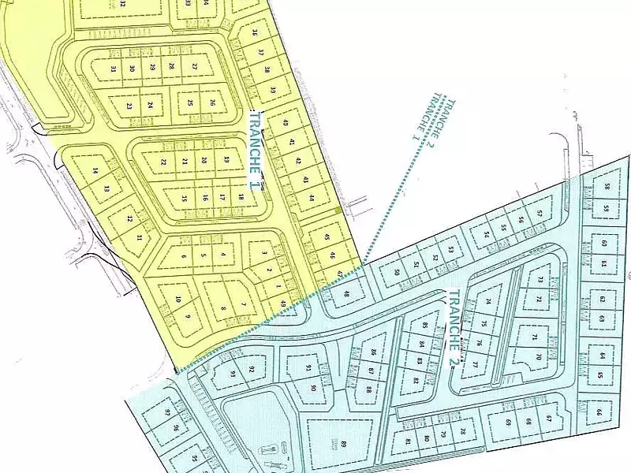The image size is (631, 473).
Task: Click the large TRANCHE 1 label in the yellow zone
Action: point(254,149)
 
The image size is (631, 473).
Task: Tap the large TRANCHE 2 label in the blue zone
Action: point(452,328)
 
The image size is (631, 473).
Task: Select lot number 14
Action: point(95,171)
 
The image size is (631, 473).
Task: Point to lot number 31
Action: point(114,69)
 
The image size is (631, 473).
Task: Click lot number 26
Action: point(212,102)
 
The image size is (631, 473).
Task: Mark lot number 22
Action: point(163,162)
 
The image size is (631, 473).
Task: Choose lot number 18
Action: point(241,197)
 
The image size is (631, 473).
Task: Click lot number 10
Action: point(178,299)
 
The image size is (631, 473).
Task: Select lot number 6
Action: point(184,256)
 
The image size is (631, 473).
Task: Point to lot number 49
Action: point(282,303)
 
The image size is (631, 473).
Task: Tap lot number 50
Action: point(397,273)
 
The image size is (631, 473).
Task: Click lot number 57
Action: point(540,214)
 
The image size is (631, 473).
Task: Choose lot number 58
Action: point(607,187)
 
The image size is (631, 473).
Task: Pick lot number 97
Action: point(167,412)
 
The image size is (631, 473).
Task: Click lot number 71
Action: point(535,337)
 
